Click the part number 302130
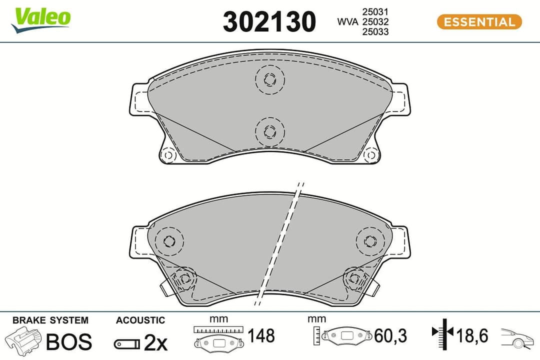click(x=269, y=22)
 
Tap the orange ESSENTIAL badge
click(x=479, y=22)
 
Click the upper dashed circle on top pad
click(x=269, y=79)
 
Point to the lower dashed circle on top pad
click(x=269, y=131)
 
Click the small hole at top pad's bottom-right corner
click(x=370, y=155)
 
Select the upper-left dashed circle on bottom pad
click(x=169, y=241)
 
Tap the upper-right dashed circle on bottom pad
click(x=369, y=241)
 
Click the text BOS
click(x=69, y=342)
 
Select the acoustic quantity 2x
click(x=155, y=342)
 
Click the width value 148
click(x=260, y=336)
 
